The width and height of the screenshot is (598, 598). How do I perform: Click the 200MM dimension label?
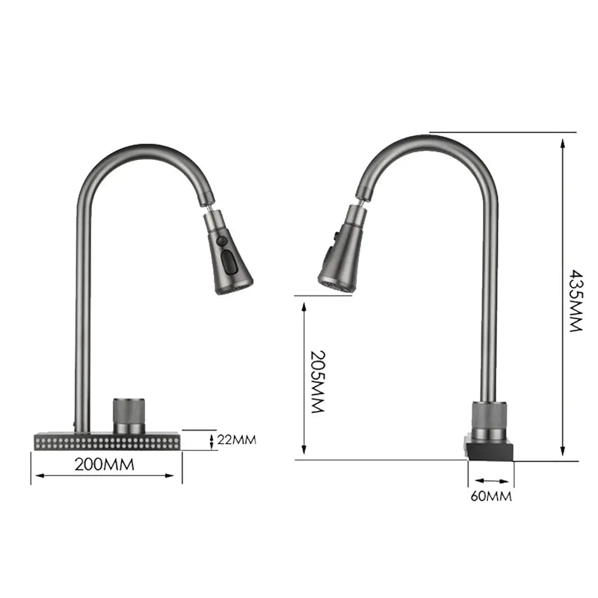[105, 464]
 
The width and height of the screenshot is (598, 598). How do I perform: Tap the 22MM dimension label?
[236, 440]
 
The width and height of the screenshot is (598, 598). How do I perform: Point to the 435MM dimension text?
[574, 300]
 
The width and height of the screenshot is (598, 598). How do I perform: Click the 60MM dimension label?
[491, 496]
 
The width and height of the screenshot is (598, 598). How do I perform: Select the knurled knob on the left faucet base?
[129, 415]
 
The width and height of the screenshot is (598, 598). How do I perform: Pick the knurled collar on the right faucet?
[489, 419]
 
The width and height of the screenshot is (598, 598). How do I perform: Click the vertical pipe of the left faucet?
[82, 314]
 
